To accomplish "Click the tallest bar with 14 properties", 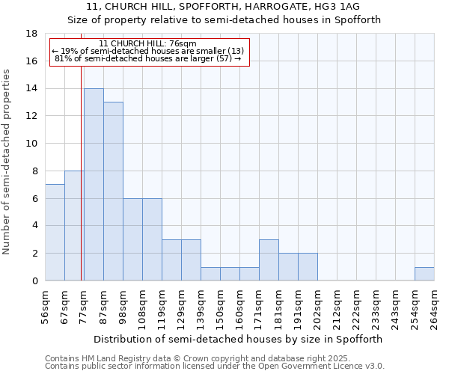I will coord(94,185).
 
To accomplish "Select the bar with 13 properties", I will coord(113,191).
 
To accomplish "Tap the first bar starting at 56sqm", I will coord(55,233).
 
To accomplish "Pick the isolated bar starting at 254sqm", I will coord(424,274).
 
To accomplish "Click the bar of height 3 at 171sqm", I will coord(269,260).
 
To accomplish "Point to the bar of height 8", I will coord(74,226).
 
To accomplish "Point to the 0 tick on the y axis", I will coord(34,281).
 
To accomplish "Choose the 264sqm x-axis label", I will coord(435,307).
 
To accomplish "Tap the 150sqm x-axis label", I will coord(221,307).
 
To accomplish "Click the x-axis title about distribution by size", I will coord(239,339).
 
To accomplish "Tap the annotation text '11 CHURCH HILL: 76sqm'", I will coord(147,44).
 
